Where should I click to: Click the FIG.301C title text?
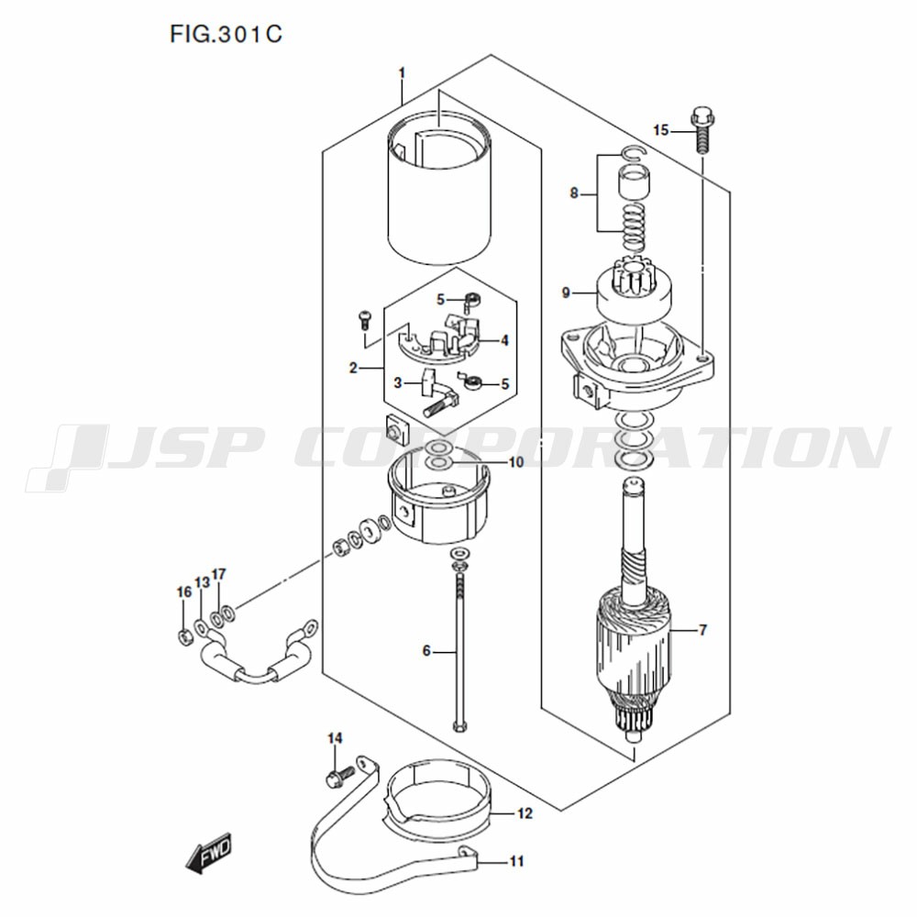click(226, 34)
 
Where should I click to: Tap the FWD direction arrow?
click(209, 852)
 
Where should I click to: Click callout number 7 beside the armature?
click(702, 630)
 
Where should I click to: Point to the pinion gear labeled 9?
click(634, 292)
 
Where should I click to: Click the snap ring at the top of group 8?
click(634, 153)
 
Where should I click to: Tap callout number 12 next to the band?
click(525, 812)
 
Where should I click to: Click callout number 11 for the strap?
click(516, 861)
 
